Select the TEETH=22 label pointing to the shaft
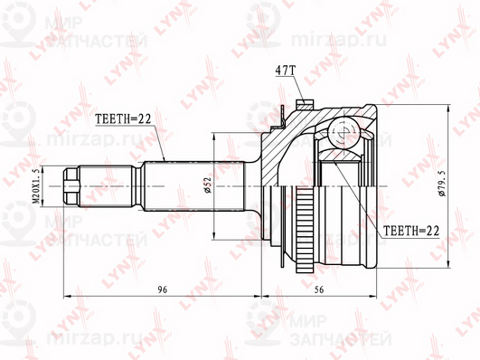coord(123,118)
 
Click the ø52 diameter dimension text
coord(208,185)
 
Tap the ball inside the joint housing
coord(342,132)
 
